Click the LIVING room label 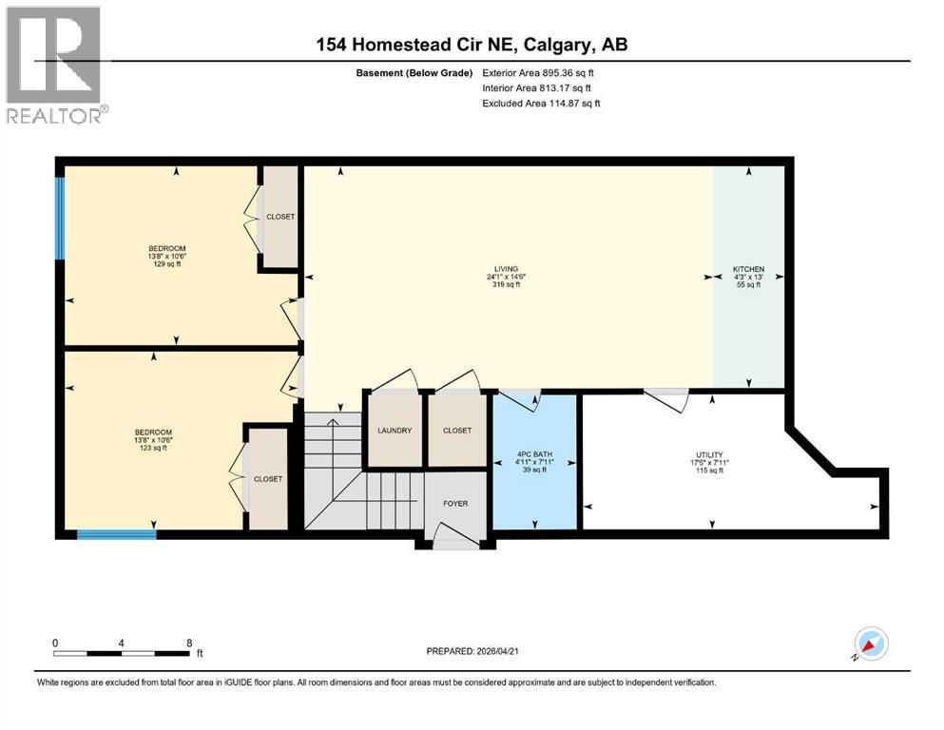[508, 269]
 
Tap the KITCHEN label [748, 269]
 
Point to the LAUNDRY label [394, 431]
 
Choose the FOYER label [456, 504]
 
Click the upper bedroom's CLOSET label [280, 217]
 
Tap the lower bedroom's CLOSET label [267, 479]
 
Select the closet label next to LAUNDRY [457, 431]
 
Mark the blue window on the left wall [60, 219]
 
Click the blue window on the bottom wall [116, 534]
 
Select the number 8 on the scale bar [189, 643]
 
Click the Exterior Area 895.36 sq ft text [539, 73]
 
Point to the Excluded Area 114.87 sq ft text [541, 104]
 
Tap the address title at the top [472, 45]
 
